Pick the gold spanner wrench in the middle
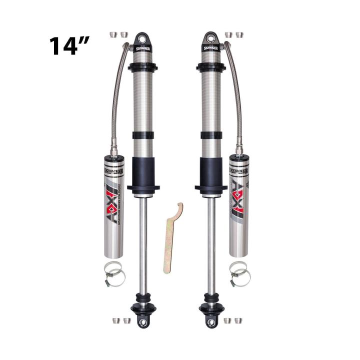[x=172, y=237]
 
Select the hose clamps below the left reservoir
[x=114, y=273]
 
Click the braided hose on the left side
[x=117, y=95]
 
